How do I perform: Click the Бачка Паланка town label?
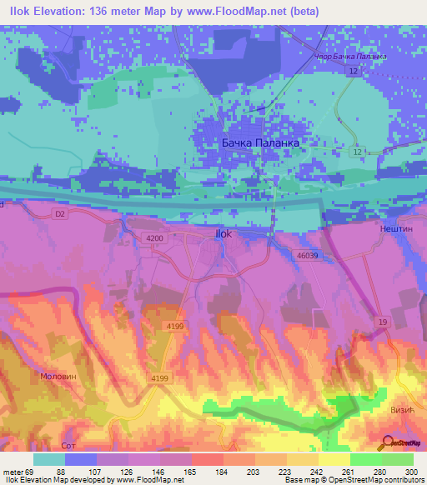coord(259,142)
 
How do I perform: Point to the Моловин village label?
coord(59,377)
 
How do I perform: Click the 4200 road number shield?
coord(153,238)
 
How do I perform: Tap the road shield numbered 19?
coord(381,321)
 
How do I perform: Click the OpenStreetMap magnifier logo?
coord(386,442)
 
